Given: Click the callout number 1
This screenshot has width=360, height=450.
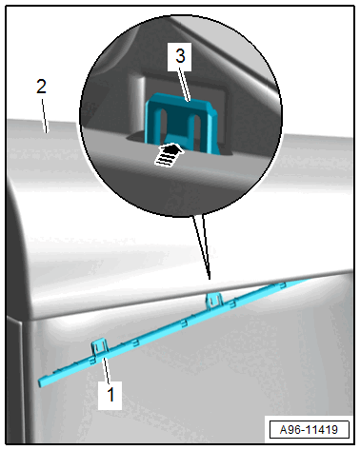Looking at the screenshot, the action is (x=110, y=395).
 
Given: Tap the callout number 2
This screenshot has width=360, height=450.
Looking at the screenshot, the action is (x=41, y=87).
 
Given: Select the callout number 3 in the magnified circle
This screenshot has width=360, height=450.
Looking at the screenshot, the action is (x=180, y=56).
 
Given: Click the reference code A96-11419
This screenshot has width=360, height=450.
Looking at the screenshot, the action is (x=309, y=430).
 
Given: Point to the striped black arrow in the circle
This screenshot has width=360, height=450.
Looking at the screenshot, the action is (x=170, y=154).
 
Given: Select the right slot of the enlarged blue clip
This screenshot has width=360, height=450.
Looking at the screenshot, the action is (x=197, y=127).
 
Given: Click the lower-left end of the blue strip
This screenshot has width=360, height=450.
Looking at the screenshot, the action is (x=40, y=382).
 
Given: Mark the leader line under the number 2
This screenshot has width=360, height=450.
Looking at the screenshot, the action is (x=45, y=116).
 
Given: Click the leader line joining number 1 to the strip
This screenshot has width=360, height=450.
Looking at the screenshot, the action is (x=107, y=371).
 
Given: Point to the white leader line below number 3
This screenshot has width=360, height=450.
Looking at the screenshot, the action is (x=184, y=85).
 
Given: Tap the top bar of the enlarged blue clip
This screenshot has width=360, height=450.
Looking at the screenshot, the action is (x=180, y=102).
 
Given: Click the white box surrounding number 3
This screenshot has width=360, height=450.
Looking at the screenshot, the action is (x=180, y=56).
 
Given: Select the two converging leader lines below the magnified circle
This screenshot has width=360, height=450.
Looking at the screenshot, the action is (x=202, y=247).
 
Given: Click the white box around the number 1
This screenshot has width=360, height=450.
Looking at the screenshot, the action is (x=110, y=396).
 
